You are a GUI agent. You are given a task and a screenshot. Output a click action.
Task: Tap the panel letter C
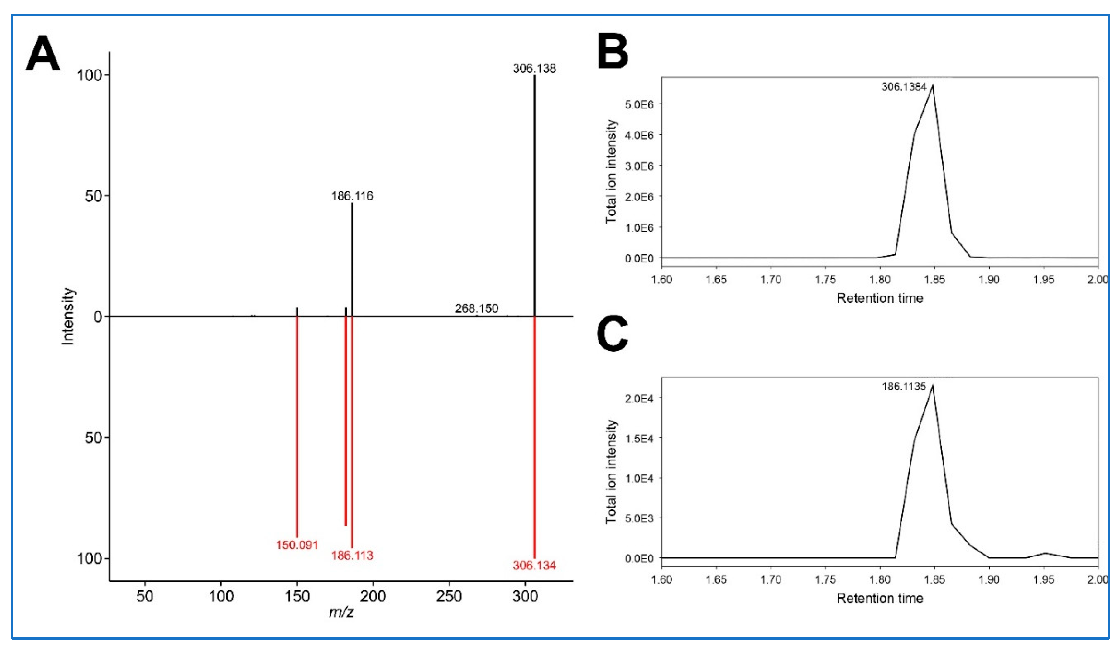[613, 334]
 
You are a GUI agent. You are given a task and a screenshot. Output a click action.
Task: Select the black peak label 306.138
[534, 68]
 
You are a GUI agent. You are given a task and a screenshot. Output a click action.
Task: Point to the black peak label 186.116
[352, 196]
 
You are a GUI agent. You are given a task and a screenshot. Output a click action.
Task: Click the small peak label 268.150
[476, 309]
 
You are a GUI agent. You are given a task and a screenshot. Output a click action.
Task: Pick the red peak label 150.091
[297, 545]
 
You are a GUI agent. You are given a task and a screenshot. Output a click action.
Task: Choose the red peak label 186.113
[352, 555]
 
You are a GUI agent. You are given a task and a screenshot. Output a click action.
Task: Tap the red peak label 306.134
[534, 566]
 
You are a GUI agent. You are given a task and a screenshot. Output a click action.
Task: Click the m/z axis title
[341, 613]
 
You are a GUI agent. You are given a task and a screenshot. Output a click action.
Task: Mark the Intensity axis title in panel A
[68, 316]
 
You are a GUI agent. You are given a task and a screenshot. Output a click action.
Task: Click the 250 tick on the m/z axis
[449, 596]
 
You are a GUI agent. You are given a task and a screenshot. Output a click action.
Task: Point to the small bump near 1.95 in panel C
[1045, 553]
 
